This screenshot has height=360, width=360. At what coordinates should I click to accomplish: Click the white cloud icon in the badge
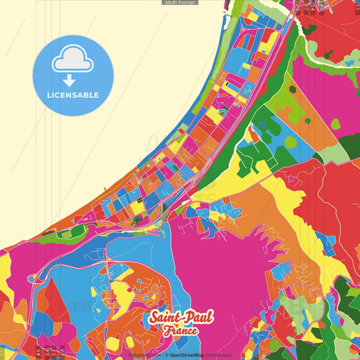[x=73, y=59]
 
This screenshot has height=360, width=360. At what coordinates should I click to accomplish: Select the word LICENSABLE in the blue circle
[x=73, y=95]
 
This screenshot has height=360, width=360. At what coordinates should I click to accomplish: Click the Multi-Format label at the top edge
[x=180, y=3]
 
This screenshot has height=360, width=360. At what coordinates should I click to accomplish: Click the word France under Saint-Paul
[x=180, y=331]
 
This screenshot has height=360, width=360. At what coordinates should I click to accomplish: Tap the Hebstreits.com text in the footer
[x=145, y=355]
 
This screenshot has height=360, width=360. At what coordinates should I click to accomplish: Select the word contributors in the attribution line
[x=217, y=355]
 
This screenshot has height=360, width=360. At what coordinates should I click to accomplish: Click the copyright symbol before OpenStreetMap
[x=166, y=355]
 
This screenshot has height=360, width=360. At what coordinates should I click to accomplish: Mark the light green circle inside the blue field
[x=290, y=142]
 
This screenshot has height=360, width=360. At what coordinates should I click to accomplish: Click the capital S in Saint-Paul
[x=153, y=317]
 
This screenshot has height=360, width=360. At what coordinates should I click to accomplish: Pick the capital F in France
[x=165, y=331]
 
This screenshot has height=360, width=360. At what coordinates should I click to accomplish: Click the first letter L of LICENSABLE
[x=49, y=95]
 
